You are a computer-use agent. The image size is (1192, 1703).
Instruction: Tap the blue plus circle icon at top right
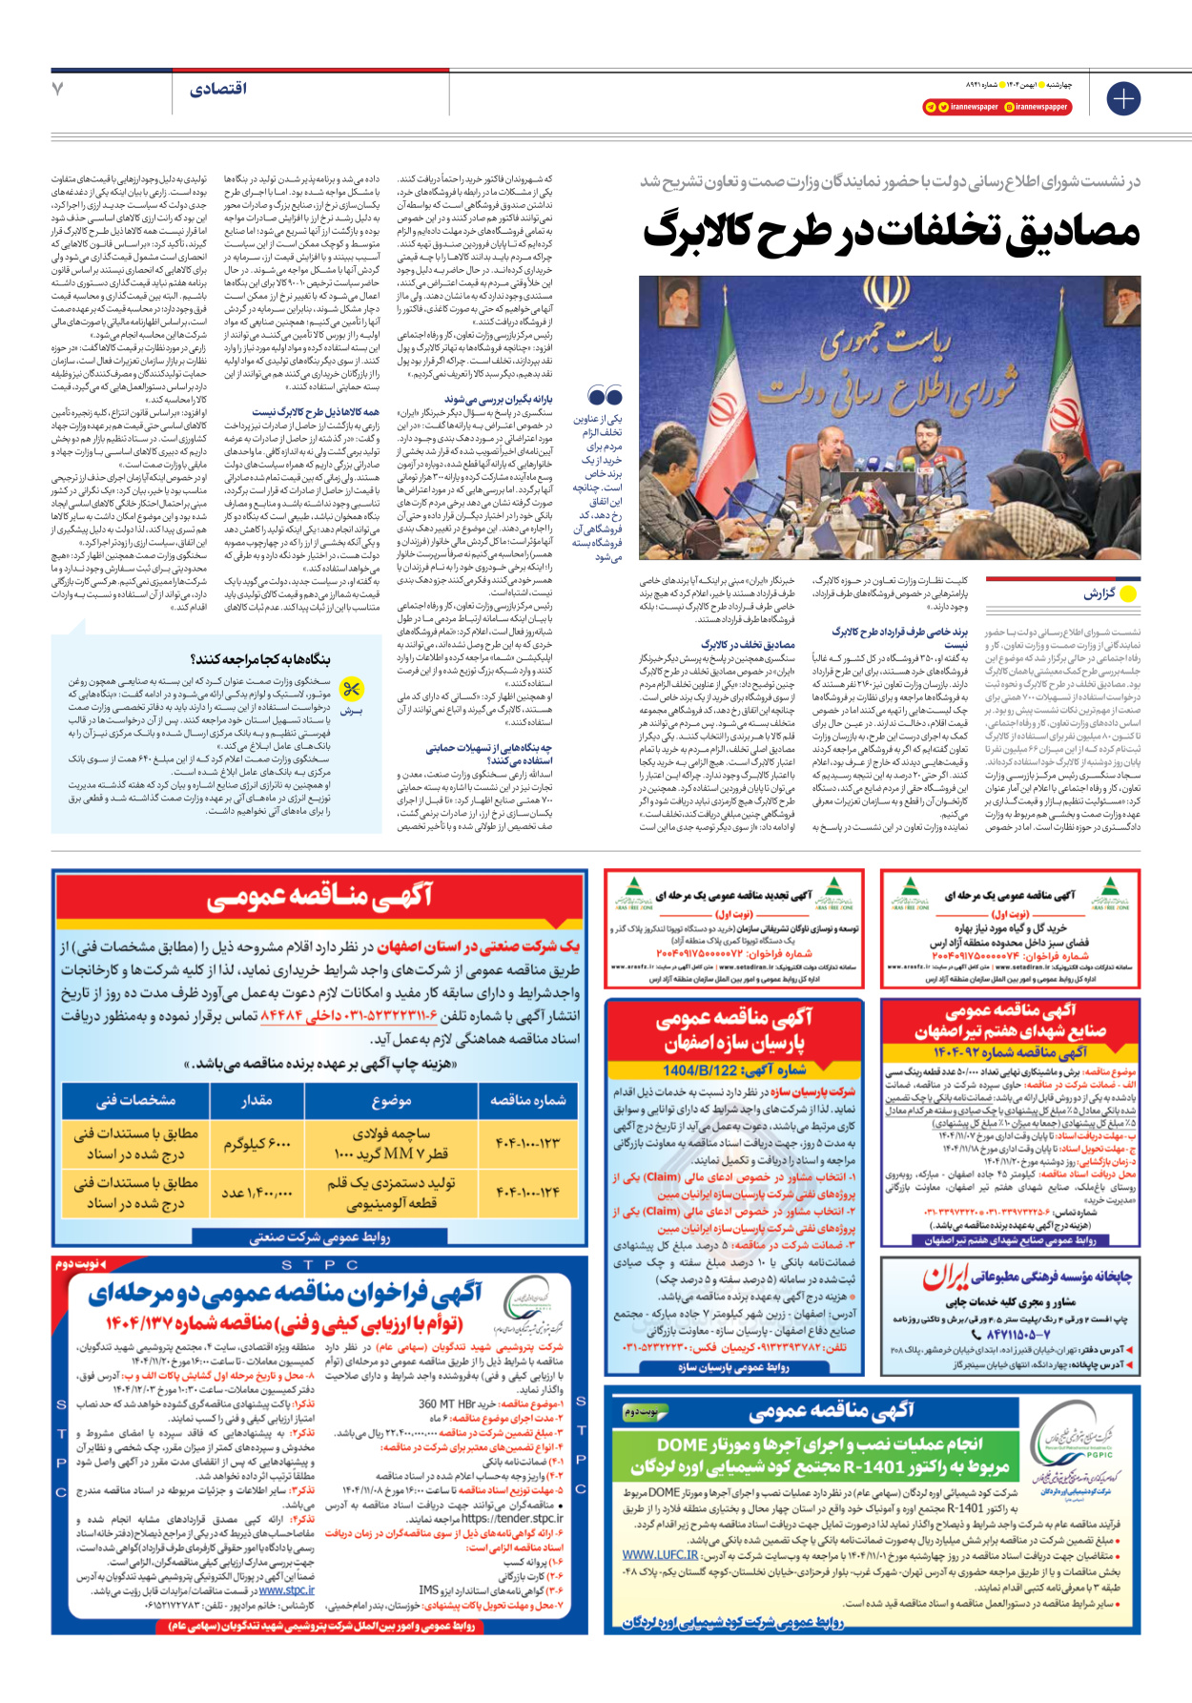click(1123, 98)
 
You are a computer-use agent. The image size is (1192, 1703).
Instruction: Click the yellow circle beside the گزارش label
click(1128, 593)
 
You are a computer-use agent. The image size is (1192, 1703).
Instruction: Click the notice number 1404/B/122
click(701, 1070)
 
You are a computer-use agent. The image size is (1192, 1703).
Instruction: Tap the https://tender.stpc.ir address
click(512, 1518)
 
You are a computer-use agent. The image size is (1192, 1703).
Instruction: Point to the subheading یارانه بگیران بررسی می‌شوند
click(498, 399)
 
